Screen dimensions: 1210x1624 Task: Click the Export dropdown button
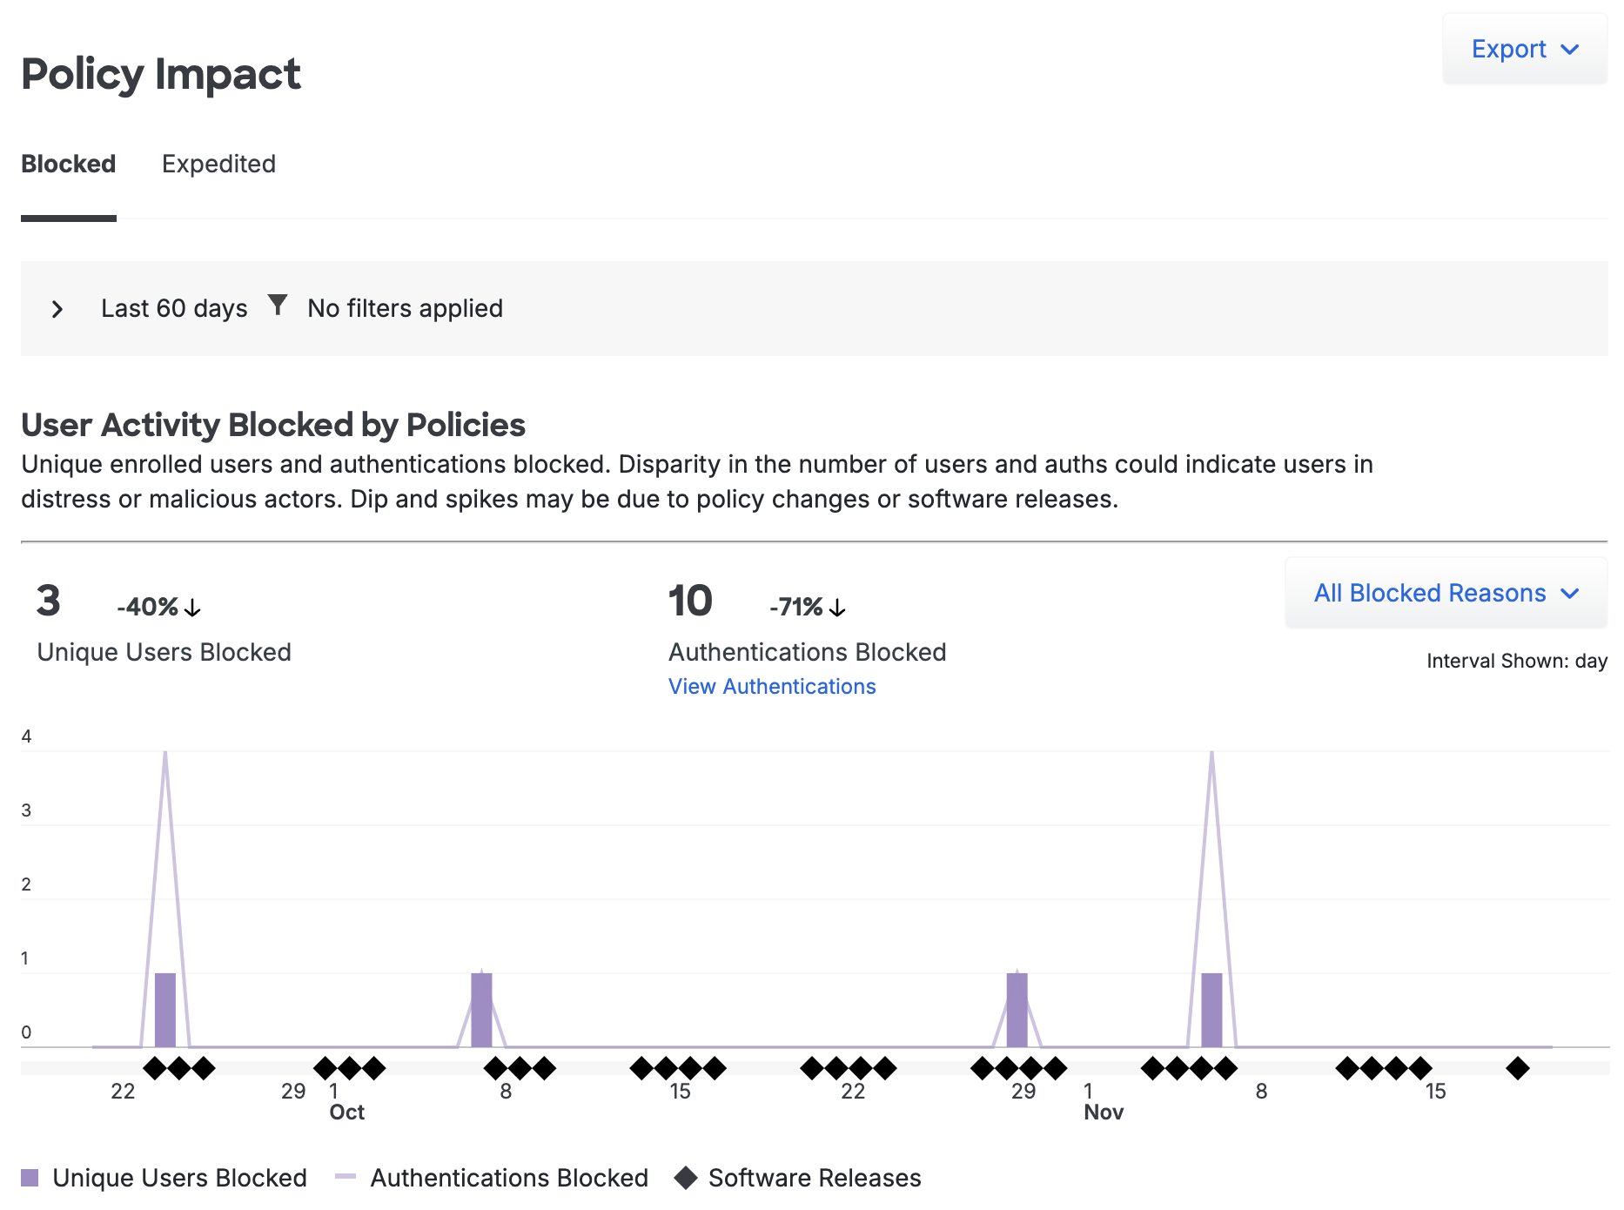click(1524, 50)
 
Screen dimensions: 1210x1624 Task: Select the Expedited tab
click(218, 164)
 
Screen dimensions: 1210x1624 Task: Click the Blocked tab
click(68, 164)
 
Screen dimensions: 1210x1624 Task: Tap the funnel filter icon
click(278, 306)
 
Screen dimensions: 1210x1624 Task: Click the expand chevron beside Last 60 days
click(57, 309)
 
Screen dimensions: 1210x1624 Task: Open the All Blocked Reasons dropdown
click(1446, 593)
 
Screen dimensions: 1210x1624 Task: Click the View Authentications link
click(772, 687)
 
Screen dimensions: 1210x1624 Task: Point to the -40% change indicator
click(158, 607)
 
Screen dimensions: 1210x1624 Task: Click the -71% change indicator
click(807, 607)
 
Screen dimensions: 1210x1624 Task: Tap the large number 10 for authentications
click(690, 602)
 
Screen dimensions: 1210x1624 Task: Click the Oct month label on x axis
click(346, 1113)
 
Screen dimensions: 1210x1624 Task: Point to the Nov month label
click(1104, 1113)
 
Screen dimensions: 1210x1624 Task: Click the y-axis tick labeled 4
click(26, 736)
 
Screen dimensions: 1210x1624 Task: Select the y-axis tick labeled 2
click(26, 884)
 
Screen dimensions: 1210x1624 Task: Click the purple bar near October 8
click(481, 1010)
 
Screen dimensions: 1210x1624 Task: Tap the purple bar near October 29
click(1017, 1010)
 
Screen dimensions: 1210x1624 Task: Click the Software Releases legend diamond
click(686, 1178)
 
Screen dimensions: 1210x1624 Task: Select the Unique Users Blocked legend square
click(30, 1178)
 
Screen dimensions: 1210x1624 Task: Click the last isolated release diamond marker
click(1518, 1068)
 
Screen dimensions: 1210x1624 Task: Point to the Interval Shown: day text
click(1516, 661)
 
